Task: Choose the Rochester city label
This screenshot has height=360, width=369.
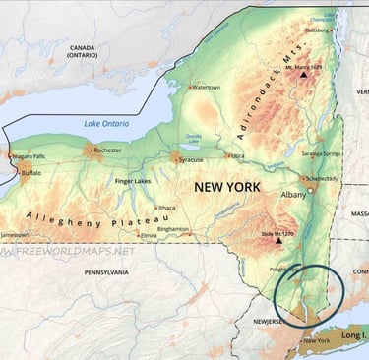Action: [107, 150]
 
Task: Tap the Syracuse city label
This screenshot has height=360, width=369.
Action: [191, 158]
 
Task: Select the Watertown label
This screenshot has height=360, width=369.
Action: [207, 87]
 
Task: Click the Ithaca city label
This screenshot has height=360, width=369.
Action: [166, 208]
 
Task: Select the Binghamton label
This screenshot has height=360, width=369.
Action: [172, 228]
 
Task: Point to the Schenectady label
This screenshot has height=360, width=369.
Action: [322, 178]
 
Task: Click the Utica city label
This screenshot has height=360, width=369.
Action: [237, 155]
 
